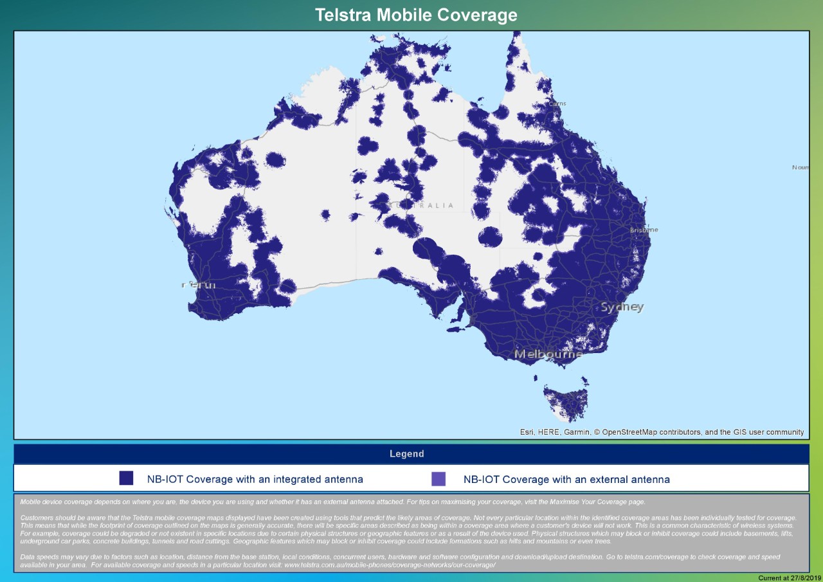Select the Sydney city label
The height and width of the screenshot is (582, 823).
(621, 307)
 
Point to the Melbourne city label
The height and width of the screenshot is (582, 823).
(548, 354)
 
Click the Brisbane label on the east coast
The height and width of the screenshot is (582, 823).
(644, 230)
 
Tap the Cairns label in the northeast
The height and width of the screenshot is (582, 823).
(557, 104)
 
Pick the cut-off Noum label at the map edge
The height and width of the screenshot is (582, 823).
(800, 167)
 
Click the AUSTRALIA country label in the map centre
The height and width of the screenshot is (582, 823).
(421, 206)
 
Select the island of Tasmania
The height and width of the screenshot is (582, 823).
(566, 402)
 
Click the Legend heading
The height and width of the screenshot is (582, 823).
(406, 454)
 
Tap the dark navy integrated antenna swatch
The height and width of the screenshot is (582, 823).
(126, 478)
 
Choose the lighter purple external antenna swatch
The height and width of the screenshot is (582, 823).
(439, 478)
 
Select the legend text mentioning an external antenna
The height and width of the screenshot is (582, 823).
(566, 479)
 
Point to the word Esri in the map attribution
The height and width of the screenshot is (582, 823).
(528, 432)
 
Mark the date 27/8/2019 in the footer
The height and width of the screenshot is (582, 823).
(804, 577)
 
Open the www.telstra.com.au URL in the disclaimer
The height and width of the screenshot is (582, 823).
(390, 565)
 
